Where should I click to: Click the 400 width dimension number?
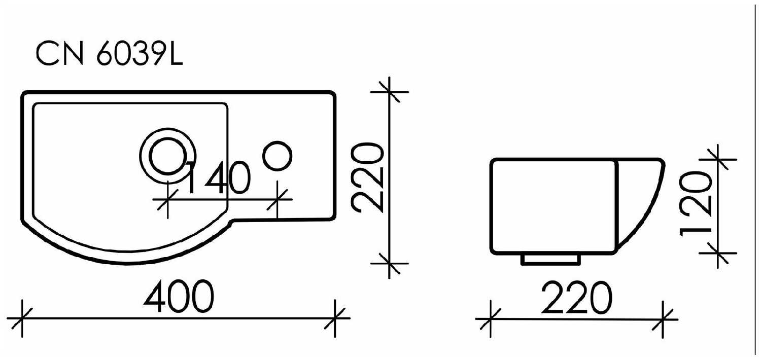point(177,298)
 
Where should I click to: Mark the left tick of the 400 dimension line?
point(22,318)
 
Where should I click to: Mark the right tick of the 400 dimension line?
point(335,318)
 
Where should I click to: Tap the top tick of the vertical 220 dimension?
point(389,92)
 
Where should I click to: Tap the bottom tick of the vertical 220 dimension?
point(389,263)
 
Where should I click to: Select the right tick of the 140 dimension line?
point(277,200)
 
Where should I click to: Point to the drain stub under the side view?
point(550,259)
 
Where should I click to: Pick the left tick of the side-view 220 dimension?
point(491,319)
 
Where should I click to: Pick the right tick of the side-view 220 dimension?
point(664,319)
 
